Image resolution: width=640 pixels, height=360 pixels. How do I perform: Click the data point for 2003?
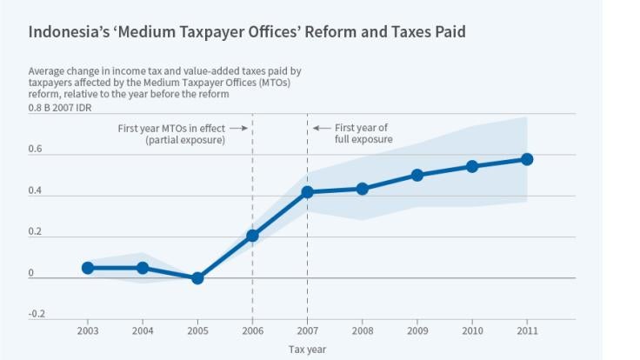pyautogui.click(x=88, y=268)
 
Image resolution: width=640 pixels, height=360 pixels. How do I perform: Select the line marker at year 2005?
pyautogui.click(x=197, y=278)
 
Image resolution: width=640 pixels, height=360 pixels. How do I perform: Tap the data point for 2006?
pyautogui.click(x=252, y=236)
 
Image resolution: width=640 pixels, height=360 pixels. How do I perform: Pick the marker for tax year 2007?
pyautogui.click(x=307, y=191)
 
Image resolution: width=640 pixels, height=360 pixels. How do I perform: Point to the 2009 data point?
pyautogui.click(x=417, y=175)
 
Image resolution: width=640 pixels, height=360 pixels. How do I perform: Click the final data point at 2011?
pyautogui.click(x=527, y=159)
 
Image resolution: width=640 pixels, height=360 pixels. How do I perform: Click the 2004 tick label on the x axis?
pyautogui.click(x=143, y=331)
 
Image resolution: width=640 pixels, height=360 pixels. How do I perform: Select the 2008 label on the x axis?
pyautogui.click(x=363, y=331)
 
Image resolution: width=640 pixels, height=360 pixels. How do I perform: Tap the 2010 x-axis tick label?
pyautogui.click(x=472, y=331)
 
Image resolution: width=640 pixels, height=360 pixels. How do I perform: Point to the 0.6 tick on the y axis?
pyautogui.click(x=35, y=150)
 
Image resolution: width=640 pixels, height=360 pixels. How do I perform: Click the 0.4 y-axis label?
pyautogui.click(x=35, y=190)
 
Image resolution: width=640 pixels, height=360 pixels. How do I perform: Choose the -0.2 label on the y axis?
pyautogui.click(x=36, y=314)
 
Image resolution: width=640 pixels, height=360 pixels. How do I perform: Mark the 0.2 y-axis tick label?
pyautogui.click(x=35, y=232)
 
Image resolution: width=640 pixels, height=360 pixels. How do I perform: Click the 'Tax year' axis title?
pyautogui.click(x=307, y=350)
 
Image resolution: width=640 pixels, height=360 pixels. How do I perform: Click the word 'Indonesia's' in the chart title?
pyautogui.click(x=65, y=32)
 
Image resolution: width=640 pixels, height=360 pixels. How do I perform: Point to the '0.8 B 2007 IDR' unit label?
pyautogui.click(x=60, y=107)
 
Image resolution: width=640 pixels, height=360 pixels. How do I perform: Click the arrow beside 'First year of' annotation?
pyautogui.click(x=322, y=128)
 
